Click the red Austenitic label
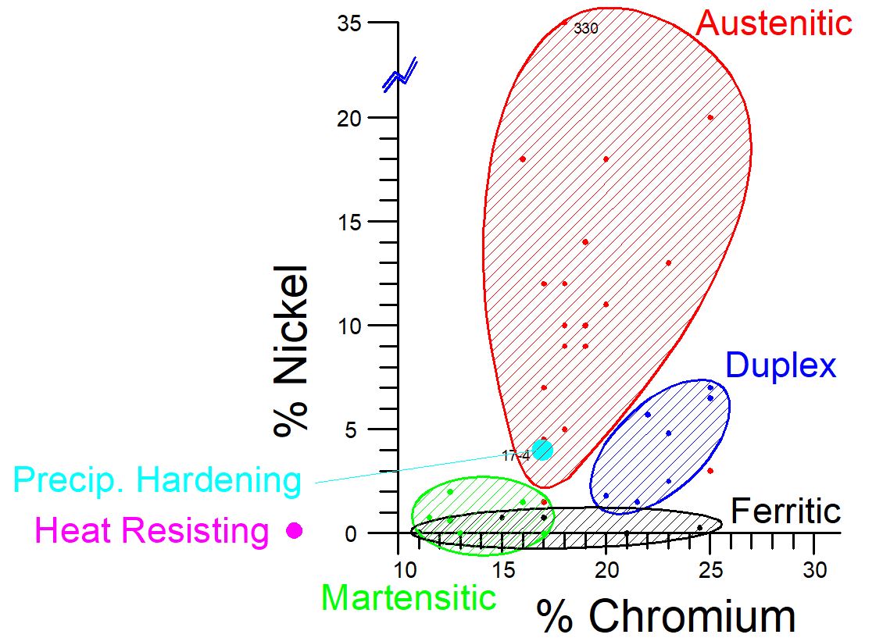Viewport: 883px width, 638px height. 774,23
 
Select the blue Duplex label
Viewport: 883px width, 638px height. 781,365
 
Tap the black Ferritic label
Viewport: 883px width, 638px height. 785,511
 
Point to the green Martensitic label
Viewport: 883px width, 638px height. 409,597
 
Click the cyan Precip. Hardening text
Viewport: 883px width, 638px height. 157,480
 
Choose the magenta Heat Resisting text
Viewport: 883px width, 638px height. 152,532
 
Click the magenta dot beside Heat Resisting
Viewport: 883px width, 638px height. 294,530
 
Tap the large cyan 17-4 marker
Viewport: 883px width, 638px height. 542,450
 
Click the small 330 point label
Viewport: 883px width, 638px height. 585,29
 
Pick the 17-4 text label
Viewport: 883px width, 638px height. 516,456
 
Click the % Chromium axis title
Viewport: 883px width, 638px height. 666,617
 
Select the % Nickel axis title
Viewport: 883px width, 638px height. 291,351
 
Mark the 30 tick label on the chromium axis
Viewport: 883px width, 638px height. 814,569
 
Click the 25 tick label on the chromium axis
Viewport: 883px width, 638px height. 710,569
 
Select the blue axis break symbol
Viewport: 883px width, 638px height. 400,74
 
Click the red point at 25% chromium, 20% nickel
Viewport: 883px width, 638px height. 710,118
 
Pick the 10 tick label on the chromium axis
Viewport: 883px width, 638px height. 401,569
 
